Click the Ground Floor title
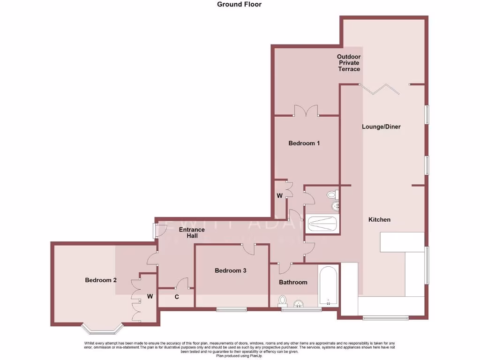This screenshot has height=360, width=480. point(240,5)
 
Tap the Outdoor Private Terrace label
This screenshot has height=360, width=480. point(349,63)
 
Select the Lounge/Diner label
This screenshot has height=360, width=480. point(381,127)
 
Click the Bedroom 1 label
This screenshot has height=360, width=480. point(304,143)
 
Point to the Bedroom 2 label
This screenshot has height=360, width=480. point(100,280)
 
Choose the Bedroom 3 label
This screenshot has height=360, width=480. point(231,270)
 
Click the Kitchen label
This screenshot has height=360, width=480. point(379,220)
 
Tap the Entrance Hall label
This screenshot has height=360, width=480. point(192,232)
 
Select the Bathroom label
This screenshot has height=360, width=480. point(293,282)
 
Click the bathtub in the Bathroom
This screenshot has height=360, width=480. point(327,286)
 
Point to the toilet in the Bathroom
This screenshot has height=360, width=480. point(283,300)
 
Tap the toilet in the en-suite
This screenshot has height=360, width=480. point(332,194)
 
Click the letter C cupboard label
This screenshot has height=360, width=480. point(177,296)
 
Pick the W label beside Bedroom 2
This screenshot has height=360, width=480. point(150,296)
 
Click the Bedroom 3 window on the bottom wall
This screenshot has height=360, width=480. point(231,309)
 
